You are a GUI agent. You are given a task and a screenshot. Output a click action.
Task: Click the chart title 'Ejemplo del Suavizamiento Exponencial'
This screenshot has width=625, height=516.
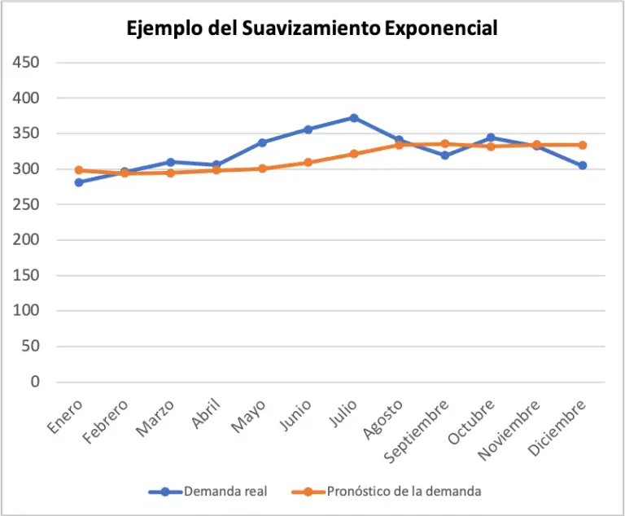coord(312,28)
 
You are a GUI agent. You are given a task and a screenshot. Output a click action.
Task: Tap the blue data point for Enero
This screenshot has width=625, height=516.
coord(79,182)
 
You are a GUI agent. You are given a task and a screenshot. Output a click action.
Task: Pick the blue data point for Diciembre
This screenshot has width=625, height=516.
coord(583,165)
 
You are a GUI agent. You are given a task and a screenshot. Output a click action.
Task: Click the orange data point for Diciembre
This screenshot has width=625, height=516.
coord(583,145)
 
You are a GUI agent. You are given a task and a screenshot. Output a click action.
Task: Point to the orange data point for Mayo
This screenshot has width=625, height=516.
coord(262,168)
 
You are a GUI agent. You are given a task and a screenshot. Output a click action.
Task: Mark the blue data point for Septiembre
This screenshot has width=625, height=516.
coord(445,155)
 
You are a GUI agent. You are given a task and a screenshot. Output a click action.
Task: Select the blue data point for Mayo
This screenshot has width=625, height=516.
coord(262,142)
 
